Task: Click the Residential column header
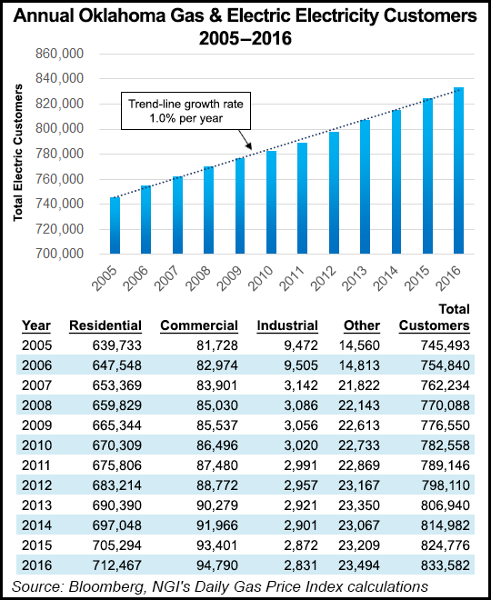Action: (105, 325)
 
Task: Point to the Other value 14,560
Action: (365, 345)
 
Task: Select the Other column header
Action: (361, 325)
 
